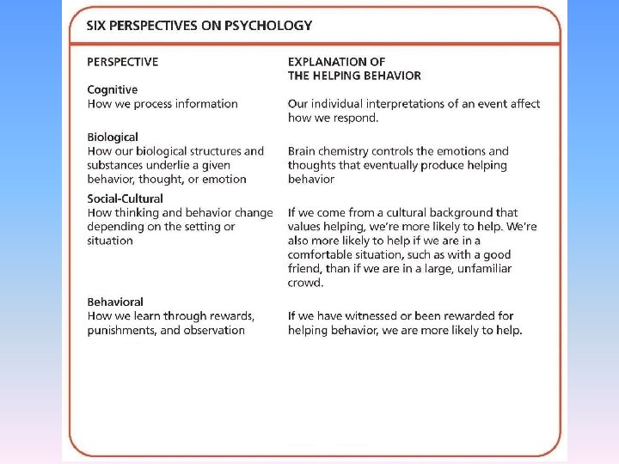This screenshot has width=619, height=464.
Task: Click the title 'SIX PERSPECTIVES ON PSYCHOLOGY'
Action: coord(199,25)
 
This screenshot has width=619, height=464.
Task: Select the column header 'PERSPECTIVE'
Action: coord(123,62)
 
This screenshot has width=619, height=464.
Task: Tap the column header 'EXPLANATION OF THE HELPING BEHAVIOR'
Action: coord(354,69)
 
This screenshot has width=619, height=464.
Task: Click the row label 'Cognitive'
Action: coord(112,89)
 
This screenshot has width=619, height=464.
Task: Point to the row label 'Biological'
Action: coord(113,137)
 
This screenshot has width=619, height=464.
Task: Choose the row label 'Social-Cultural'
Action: coord(125,198)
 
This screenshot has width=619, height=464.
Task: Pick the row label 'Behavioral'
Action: coord(115,302)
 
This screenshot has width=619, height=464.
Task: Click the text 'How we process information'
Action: coord(162,104)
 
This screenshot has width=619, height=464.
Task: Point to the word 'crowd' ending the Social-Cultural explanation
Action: coord(304,283)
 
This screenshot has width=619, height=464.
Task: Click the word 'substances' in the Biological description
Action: coord(117,165)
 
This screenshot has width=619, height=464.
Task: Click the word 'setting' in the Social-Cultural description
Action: coord(199,227)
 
